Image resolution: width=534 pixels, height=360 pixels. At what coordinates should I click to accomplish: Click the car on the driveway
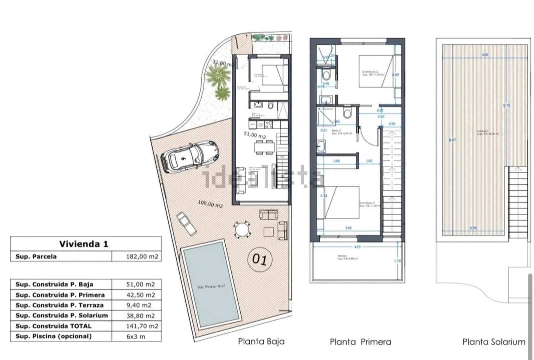[x=189, y=156]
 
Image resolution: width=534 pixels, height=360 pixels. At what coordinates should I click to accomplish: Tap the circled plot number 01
[x=260, y=259]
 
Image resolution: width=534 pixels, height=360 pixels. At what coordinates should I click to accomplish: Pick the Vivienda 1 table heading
[x=84, y=244]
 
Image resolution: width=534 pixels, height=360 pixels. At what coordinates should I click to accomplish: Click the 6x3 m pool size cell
[x=136, y=336]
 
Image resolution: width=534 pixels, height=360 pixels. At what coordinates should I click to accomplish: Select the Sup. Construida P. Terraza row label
[x=59, y=305]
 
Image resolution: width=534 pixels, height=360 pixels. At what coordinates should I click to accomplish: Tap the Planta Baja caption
[x=261, y=341]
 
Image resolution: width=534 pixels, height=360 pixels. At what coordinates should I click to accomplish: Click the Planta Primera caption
[x=360, y=342]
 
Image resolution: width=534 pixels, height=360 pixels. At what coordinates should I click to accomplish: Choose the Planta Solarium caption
[x=494, y=342]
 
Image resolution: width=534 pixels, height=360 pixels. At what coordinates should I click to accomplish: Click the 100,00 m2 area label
[x=210, y=204]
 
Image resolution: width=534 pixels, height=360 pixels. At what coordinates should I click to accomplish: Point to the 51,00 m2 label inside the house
[x=255, y=135]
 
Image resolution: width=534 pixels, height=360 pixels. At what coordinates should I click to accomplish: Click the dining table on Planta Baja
[x=264, y=147]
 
